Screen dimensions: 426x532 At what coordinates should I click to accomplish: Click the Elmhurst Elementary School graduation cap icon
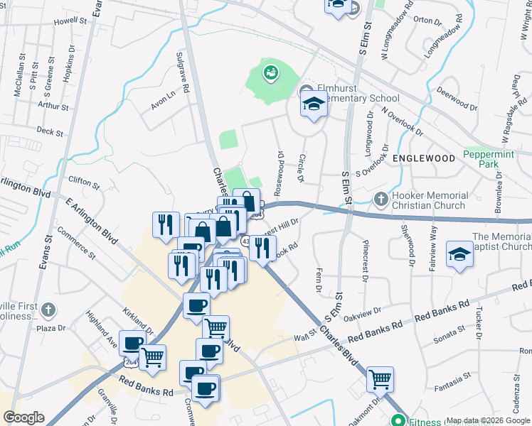(x=312, y=104)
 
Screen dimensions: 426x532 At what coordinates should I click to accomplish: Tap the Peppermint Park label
(x=489, y=158)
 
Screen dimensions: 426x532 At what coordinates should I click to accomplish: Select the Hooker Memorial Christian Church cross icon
(x=381, y=200)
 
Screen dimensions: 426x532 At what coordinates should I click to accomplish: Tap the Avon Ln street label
(x=162, y=102)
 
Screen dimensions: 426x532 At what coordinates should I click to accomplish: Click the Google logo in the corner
(x=24, y=417)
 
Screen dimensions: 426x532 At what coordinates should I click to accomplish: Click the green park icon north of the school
(x=270, y=72)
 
